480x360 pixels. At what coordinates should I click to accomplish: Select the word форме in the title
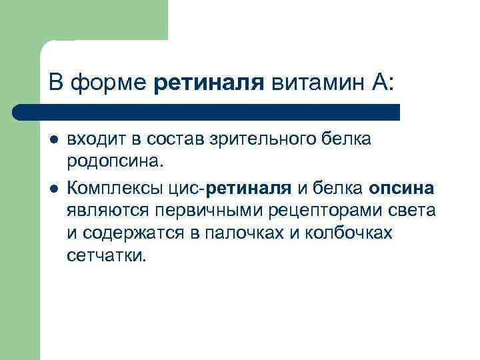click(x=109, y=85)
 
